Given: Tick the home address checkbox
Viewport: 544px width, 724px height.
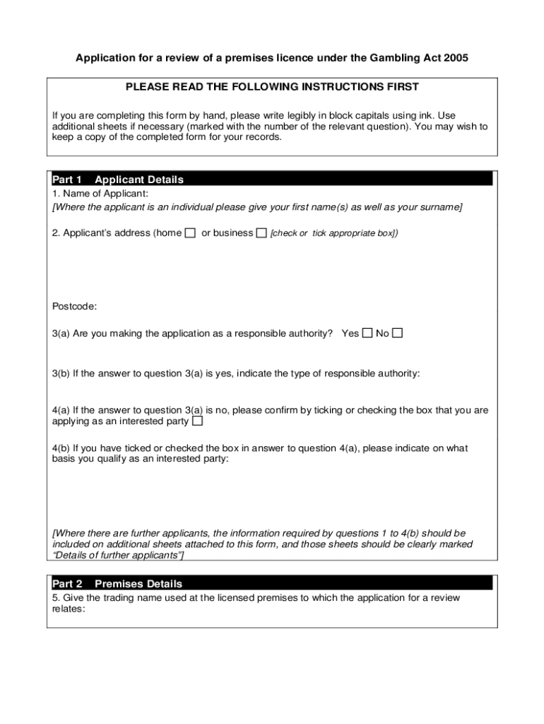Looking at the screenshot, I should pyautogui.click(x=190, y=233).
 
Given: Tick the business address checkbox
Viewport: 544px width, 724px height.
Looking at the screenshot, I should pyautogui.click(x=261, y=233).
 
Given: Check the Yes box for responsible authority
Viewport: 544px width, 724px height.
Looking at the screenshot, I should pyautogui.click(x=367, y=333).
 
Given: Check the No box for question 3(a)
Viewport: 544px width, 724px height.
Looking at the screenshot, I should pyautogui.click(x=398, y=333).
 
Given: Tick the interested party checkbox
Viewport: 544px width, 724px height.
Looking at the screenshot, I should pyautogui.click(x=198, y=421).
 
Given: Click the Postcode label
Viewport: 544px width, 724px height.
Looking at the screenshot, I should pyautogui.click(x=75, y=306).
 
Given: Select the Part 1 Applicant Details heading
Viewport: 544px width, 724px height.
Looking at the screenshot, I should pyautogui.click(x=118, y=180).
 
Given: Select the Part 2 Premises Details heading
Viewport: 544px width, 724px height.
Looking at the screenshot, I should pyautogui.click(x=117, y=584).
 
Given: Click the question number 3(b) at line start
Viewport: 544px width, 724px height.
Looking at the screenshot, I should pyautogui.click(x=61, y=373).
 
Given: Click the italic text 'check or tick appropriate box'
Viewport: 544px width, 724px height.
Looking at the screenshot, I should pyautogui.click(x=334, y=233).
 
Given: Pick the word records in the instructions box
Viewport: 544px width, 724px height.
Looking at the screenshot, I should pyautogui.click(x=264, y=137).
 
